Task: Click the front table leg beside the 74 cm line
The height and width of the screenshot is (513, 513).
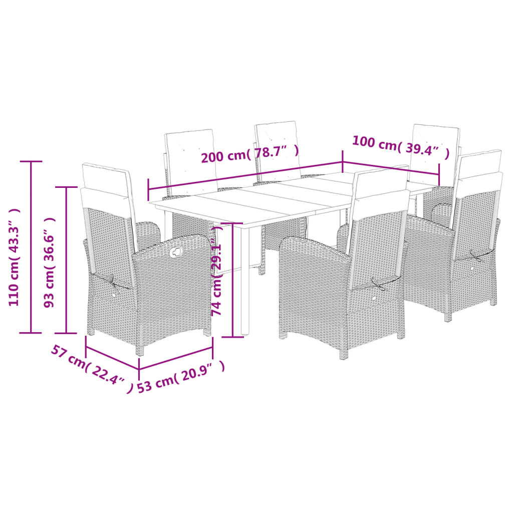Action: (x=245, y=281)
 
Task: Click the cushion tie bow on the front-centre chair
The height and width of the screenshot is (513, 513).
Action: (x=379, y=285)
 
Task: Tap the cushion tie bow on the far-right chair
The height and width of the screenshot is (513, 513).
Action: (x=475, y=256)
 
